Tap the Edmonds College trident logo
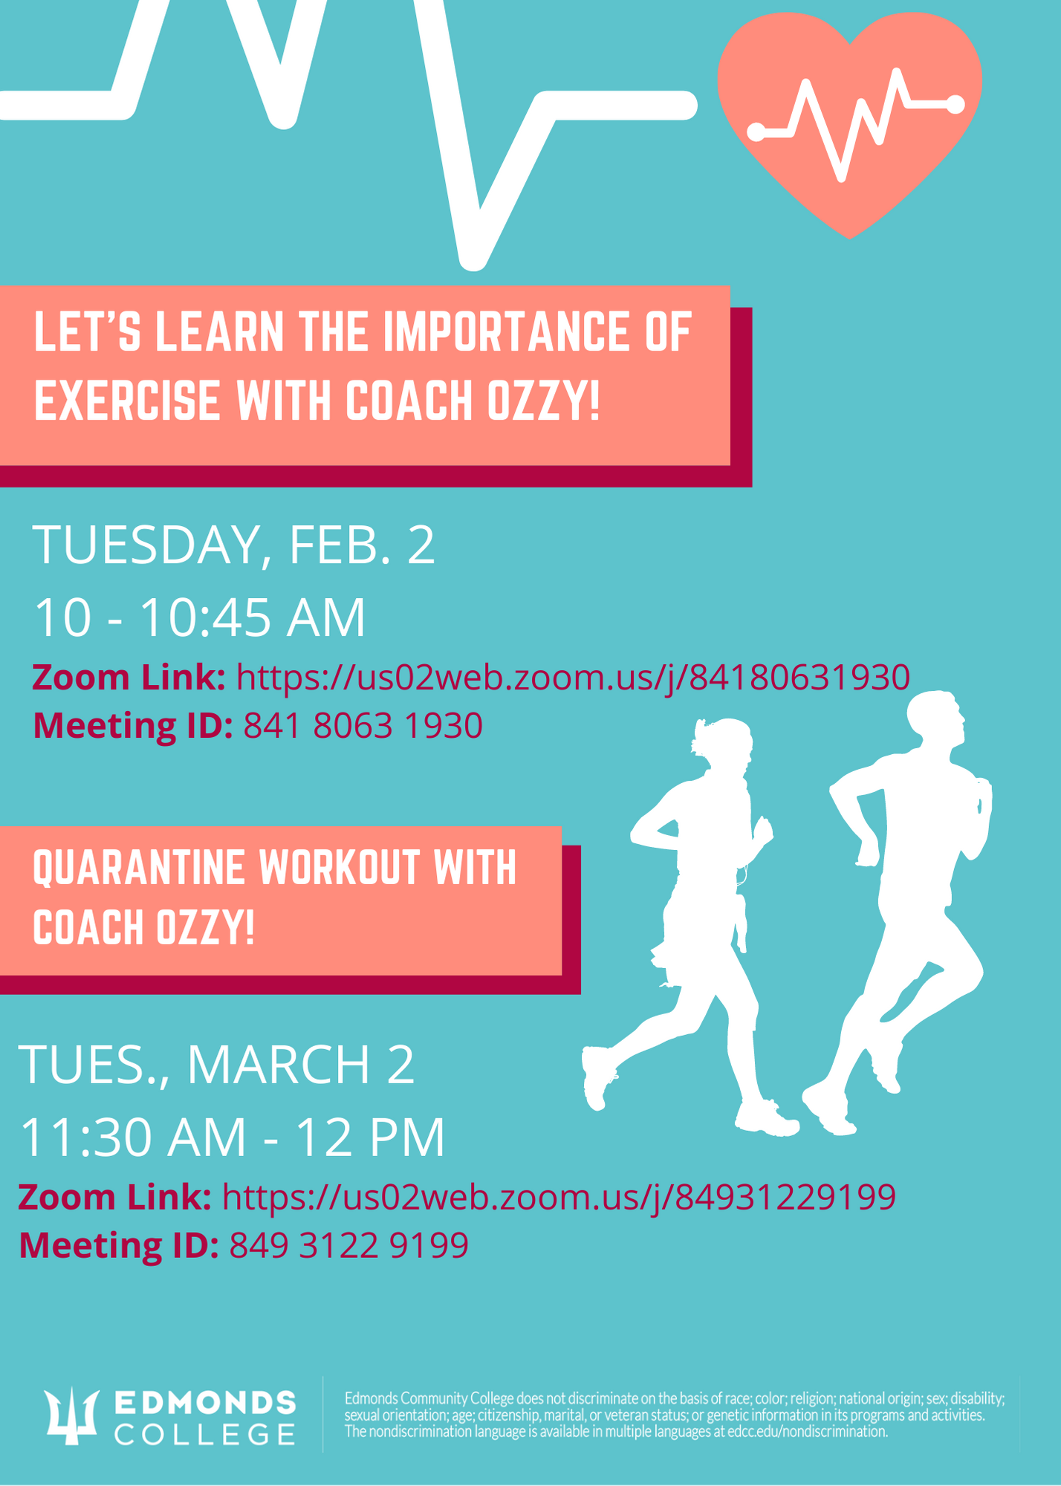[72, 1415]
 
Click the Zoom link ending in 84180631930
[573, 678]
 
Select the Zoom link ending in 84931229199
[559, 1197]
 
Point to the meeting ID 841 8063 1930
[363, 725]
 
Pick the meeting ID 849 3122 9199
[349, 1245]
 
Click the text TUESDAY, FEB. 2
[233, 545]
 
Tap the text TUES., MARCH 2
[216, 1065]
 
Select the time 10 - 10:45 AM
[200, 617]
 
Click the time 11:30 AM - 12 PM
[232, 1137]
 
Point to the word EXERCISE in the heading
[127, 400]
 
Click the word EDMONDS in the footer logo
[206, 1403]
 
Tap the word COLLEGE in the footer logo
[206, 1434]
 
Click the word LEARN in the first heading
[220, 332]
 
